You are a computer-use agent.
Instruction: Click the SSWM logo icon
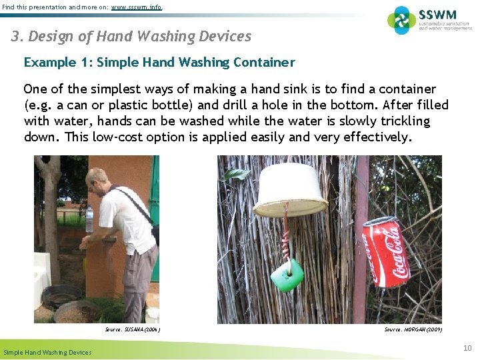tap(401, 20)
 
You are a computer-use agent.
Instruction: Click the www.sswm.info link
tap(135, 7)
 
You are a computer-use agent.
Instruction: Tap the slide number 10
tap(468, 347)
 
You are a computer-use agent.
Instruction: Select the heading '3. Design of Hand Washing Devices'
tap(131, 37)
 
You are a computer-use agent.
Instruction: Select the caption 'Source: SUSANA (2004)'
tap(133, 329)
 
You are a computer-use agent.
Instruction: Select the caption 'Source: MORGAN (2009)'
tap(413, 329)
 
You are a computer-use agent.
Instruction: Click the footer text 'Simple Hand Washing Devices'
tap(47, 352)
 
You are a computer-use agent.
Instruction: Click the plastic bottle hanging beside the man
tap(89, 221)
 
